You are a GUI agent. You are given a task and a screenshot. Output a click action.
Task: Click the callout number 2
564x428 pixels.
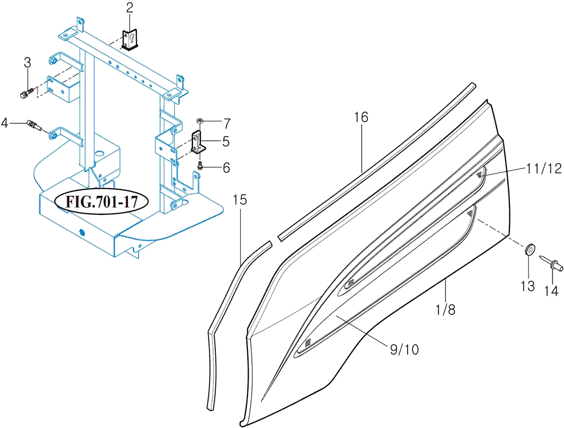[130, 8]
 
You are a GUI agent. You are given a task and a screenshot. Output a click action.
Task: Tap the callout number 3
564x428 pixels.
[28, 62]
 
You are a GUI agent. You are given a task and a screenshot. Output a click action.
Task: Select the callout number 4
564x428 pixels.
[5, 123]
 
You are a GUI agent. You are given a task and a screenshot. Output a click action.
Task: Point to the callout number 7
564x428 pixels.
[227, 124]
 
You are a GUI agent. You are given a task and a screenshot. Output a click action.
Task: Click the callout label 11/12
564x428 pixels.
[544, 167]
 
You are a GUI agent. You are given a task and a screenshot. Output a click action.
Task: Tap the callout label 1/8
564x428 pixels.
[446, 309]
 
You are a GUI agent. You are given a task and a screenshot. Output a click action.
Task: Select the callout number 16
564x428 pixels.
[361, 117]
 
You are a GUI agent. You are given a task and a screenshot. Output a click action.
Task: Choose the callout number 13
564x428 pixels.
[527, 287]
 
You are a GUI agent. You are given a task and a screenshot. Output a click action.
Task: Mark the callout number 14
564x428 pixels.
[551, 290]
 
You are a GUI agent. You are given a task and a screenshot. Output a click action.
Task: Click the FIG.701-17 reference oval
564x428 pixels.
[101, 202]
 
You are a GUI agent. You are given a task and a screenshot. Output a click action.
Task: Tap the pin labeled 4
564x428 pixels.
[35, 125]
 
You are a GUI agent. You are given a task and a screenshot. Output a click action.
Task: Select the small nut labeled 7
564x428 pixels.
[201, 120]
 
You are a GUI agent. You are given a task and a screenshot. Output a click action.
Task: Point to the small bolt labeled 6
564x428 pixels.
[201, 166]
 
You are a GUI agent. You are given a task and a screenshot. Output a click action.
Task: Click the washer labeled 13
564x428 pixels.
[529, 250]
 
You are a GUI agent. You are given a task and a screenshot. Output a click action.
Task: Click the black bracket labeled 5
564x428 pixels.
[198, 142]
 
